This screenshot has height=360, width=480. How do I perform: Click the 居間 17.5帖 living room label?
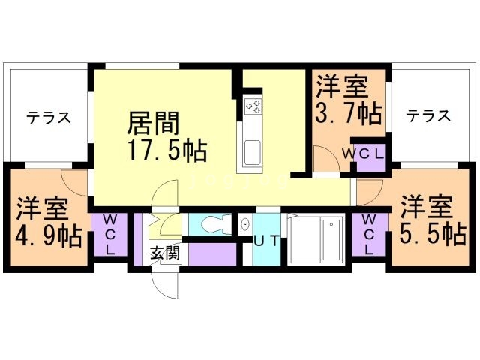167,136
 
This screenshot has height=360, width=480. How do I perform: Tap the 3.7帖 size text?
348,115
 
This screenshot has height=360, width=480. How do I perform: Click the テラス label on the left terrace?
49,118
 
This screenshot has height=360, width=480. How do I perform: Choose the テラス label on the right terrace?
429,115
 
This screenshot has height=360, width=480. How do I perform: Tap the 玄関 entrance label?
164,253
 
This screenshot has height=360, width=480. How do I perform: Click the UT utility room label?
267,241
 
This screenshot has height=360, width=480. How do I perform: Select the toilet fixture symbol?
213,224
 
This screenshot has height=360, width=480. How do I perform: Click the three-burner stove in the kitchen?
253,106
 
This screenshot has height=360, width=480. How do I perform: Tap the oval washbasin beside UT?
245,224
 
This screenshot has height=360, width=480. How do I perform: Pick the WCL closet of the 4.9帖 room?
109,234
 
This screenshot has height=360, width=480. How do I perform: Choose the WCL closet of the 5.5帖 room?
370,234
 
